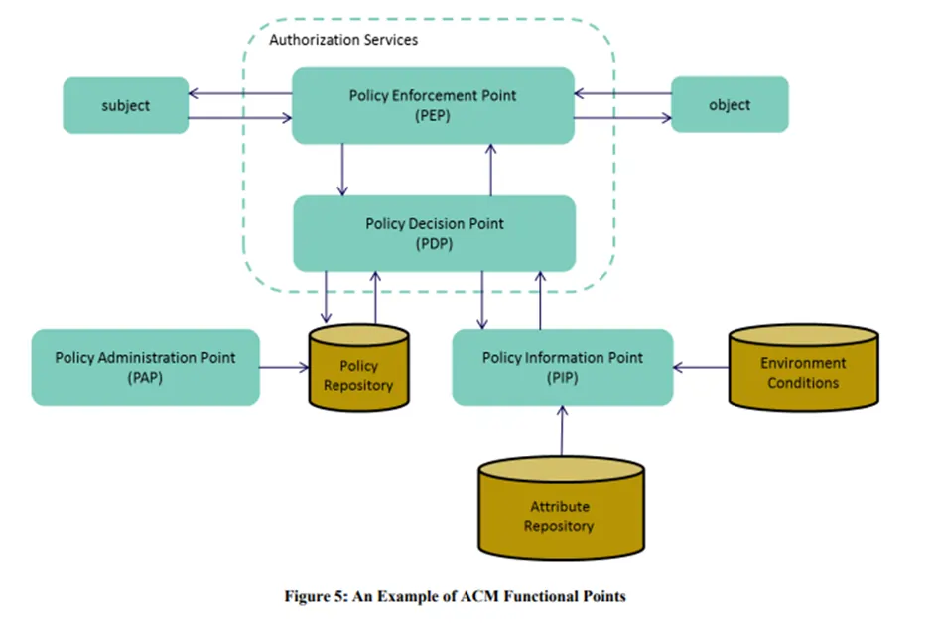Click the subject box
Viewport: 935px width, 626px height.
tap(125, 105)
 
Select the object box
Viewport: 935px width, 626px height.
tap(730, 104)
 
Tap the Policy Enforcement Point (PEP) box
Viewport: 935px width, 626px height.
tap(433, 105)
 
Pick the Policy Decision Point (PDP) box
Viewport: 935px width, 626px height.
tap(434, 233)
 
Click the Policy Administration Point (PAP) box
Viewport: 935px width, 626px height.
tap(145, 367)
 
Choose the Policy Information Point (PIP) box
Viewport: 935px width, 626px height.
tap(562, 367)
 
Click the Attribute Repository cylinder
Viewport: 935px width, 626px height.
tap(560, 511)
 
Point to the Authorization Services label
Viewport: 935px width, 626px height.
tap(343, 40)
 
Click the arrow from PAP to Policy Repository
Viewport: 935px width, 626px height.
tap(284, 368)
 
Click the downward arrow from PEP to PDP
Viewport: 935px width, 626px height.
tap(342, 169)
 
